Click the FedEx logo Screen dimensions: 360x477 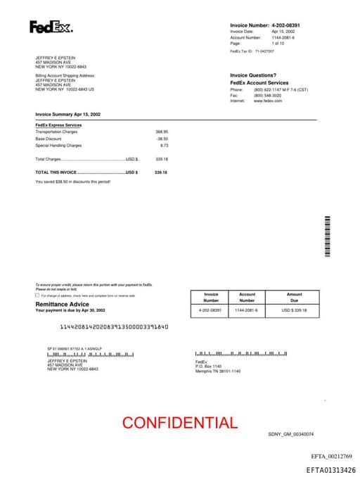pyautogui.click(x=51, y=27)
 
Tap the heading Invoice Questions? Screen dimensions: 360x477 pyautogui.click(x=254, y=75)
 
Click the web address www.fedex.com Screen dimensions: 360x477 pyautogui.click(x=268, y=101)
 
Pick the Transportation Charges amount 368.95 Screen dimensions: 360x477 pyautogui.click(x=162, y=132)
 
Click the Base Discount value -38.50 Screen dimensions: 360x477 pyautogui.click(x=162, y=139)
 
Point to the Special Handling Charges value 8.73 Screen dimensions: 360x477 pyautogui.click(x=164, y=146)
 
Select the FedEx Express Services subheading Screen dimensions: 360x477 pyautogui.click(x=58, y=125)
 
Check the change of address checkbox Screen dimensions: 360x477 pyautogui.click(x=37, y=295)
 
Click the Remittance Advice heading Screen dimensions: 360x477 pyautogui.click(x=62, y=304)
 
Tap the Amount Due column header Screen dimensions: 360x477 pyautogui.click(x=294, y=298)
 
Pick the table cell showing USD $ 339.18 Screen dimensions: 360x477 pyautogui.click(x=294, y=310)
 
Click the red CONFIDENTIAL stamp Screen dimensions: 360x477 pyautogui.click(x=180, y=423)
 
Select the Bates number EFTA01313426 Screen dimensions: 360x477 pyautogui.click(x=330, y=470)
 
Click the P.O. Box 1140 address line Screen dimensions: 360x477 pyautogui.click(x=208, y=367)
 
